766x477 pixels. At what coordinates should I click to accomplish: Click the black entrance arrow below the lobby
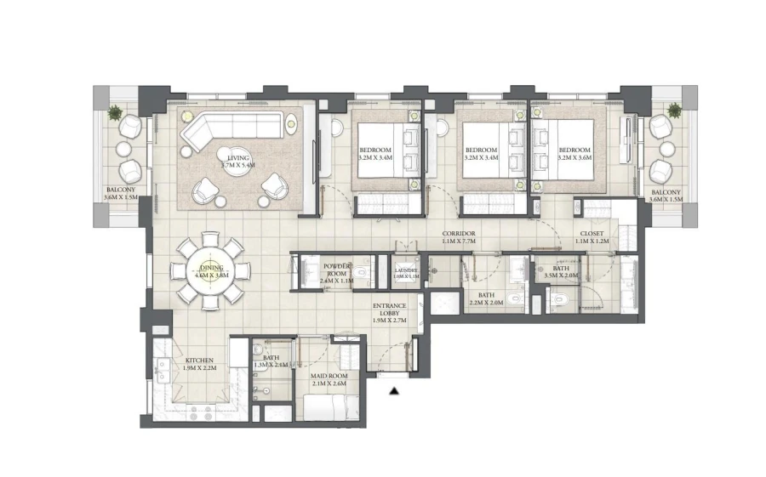tap(393, 390)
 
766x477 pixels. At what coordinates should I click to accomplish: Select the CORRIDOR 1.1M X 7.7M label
tap(458, 237)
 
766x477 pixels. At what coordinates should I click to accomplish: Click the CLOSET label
tap(592, 237)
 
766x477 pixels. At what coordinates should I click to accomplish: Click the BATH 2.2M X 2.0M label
tap(485, 298)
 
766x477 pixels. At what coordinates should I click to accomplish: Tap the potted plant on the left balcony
tap(114, 111)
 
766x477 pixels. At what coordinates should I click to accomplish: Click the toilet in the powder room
tap(362, 273)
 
